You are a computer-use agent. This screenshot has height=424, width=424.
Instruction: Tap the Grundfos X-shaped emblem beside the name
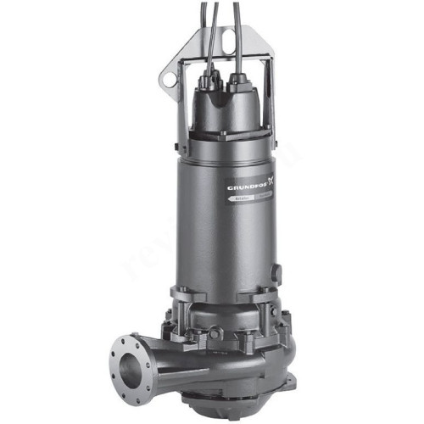tap(271, 181)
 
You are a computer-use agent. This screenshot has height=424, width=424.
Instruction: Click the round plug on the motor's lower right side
tap(276, 273)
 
